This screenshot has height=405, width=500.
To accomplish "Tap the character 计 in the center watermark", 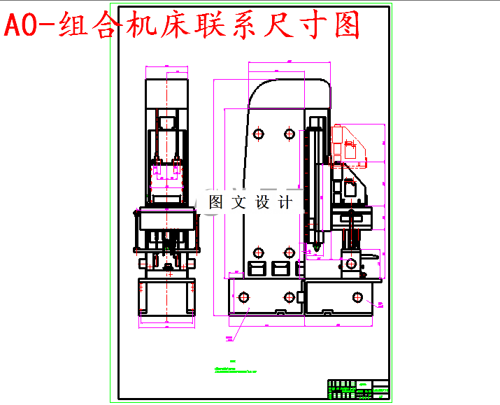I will [285, 203].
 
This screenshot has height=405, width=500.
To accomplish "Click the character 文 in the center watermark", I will [238, 203].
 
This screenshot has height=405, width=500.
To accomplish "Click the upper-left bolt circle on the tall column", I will [259, 133].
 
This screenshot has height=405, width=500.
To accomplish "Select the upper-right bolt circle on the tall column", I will [290, 133].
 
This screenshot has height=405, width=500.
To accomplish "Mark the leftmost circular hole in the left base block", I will [244, 296].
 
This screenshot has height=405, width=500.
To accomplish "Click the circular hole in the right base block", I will [358, 297].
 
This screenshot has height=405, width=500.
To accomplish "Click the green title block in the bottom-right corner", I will [359, 389].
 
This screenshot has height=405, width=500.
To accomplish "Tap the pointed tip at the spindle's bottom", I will [317, 248].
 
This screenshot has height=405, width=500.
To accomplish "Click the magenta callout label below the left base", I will [229, 339].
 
